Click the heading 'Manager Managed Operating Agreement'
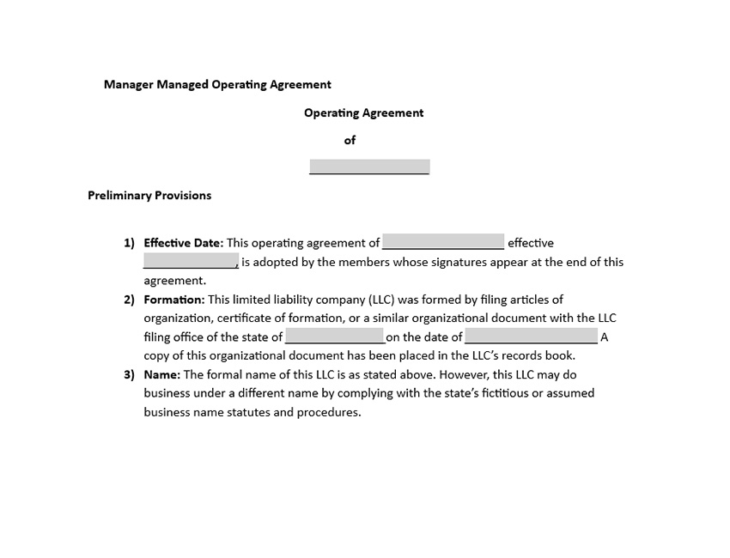pyautogui.click(x=217, y=84)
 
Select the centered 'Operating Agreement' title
pyautogui.click(x=363, y=112)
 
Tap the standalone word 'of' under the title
pyautogui.click(x=350, y=140)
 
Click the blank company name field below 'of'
pyautogui.click(x=369, y=167)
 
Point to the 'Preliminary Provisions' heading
pyautogui.click(x=149, y=195)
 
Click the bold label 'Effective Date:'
pyautogui.click(x=183, y=243)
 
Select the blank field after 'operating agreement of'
pyautogui.click(x=443, y=243)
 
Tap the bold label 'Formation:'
pyautogui.click(x=174, y=300)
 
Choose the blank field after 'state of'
pyautogui.click(x=334, y=337)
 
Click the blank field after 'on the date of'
pyautogui.click(x=531, y=337)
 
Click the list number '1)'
pyautogui.click(x=129, y=243)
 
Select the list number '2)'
pyautogui.click(x=129, y=300)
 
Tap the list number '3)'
pyautogui.click(x=129, y=374)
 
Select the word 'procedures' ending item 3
pyautogui.click(x=328, y=412)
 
